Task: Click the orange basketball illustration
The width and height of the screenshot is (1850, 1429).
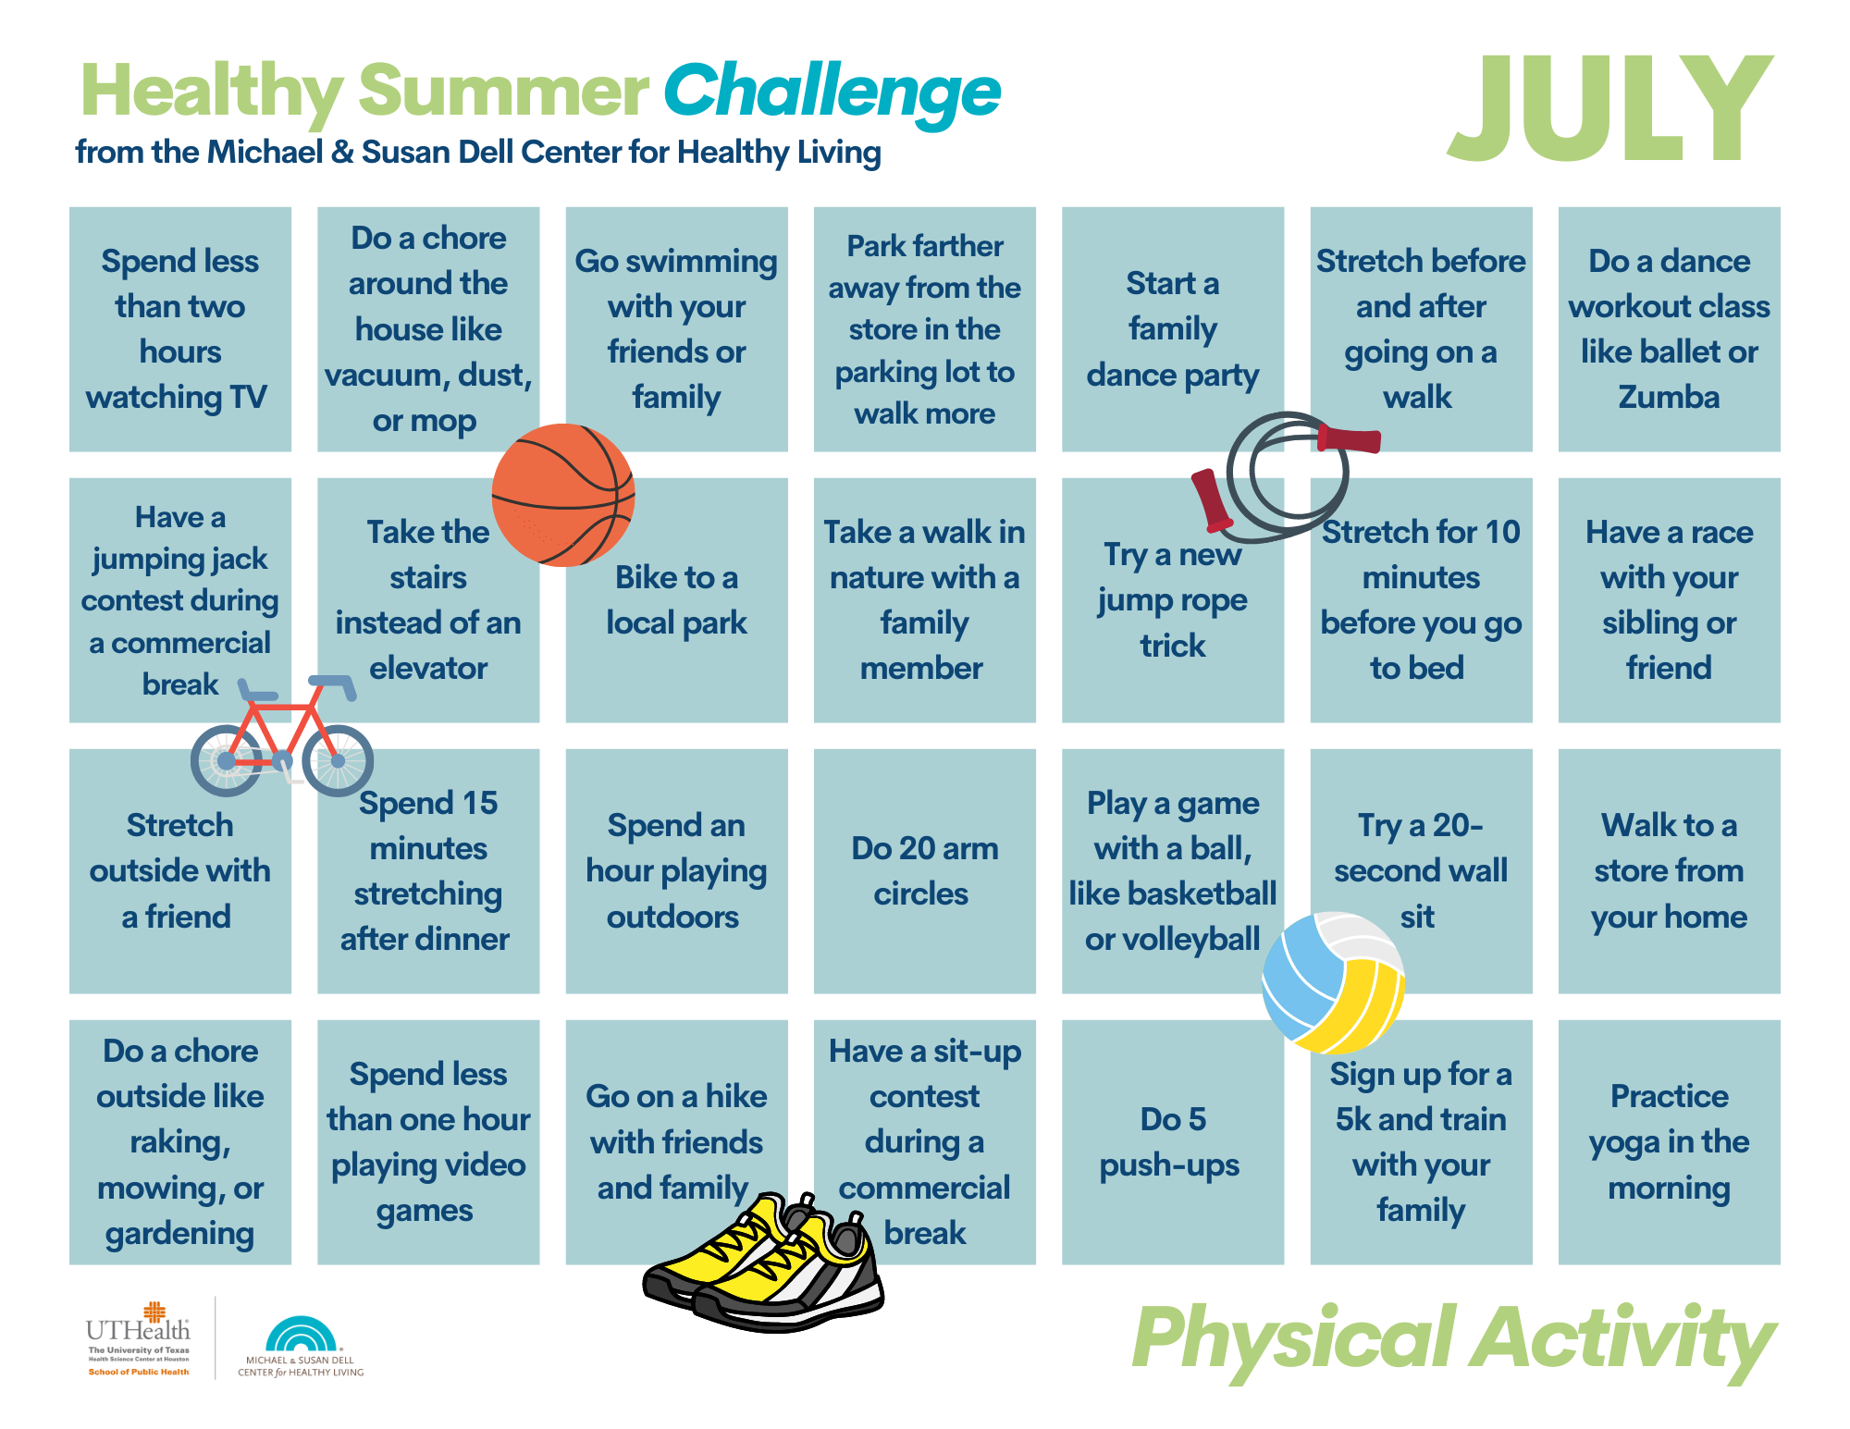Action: click(562, 495)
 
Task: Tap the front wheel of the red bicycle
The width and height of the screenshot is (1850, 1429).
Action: click(338, 760)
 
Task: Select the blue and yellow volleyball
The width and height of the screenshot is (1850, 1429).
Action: click(1334, 982)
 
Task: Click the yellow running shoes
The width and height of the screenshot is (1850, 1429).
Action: click(764, 1262)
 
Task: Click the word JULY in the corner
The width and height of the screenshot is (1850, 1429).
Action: click(1609, 108)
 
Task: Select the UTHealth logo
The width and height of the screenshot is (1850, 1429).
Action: click(139, 1339)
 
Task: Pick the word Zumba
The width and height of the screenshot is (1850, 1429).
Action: click(1669, 397)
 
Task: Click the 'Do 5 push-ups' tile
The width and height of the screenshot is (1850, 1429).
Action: click(1172, 1141)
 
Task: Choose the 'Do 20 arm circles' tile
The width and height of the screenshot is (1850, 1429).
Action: click(924, 870)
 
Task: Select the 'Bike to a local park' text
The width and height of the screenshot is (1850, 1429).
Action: click(676, 600)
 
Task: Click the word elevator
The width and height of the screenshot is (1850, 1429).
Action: click(428, 668)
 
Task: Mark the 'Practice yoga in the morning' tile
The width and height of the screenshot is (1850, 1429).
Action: click(1669, 1141)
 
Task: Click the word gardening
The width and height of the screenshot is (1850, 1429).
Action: click(179, 1234)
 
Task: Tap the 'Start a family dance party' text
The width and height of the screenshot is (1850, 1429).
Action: click(1172, 329)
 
